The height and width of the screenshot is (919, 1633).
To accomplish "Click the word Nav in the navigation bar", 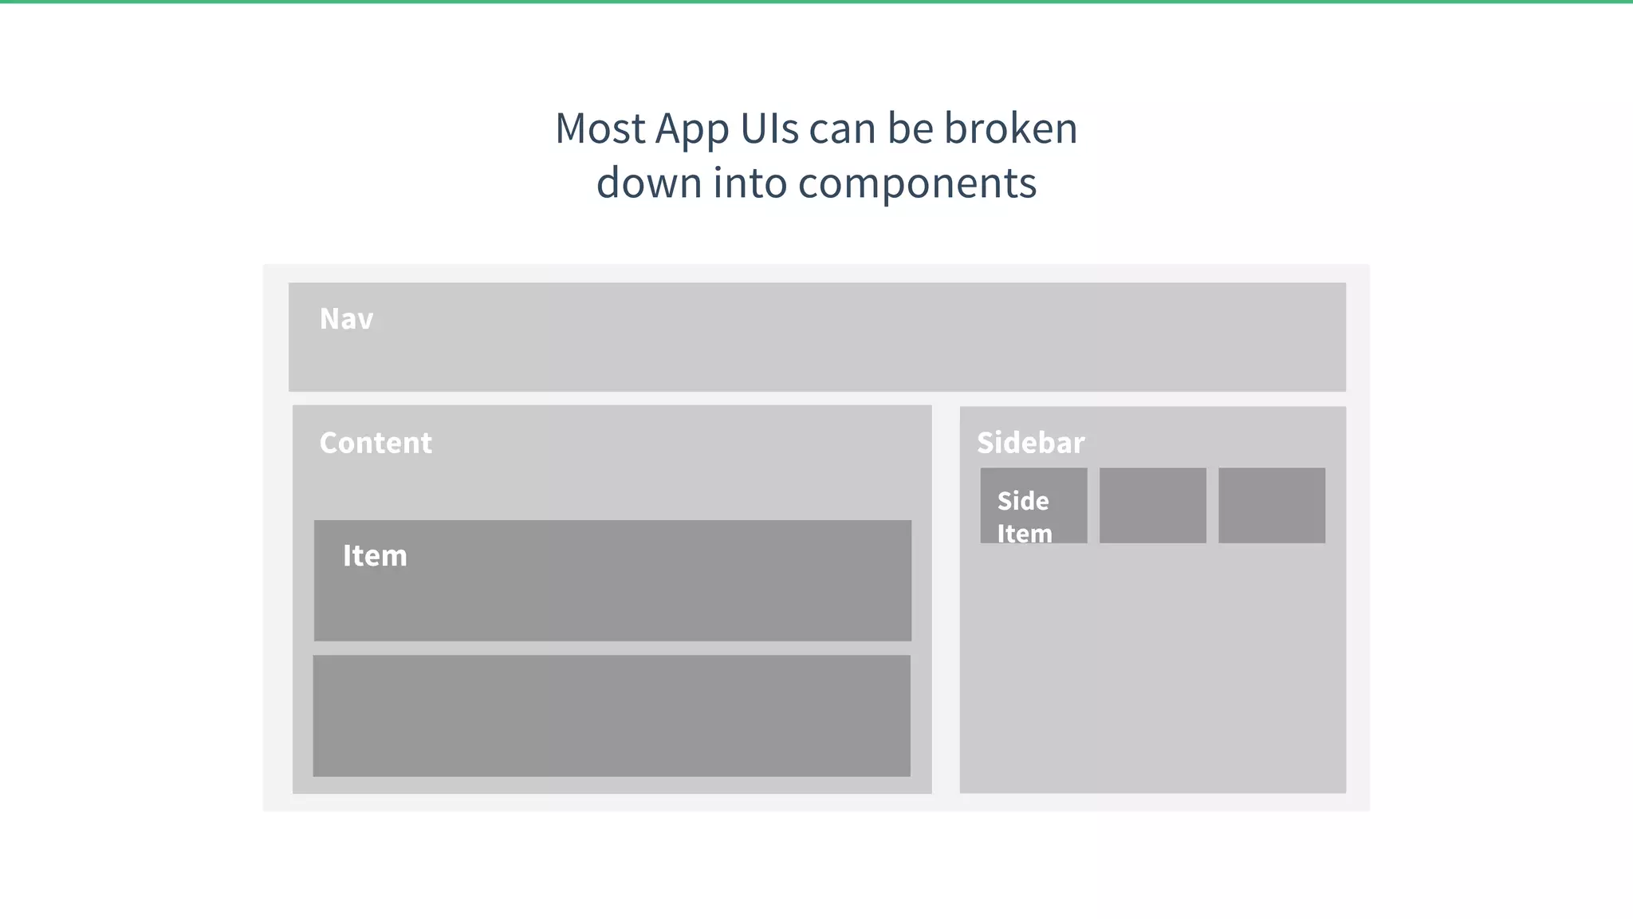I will pos(346,319).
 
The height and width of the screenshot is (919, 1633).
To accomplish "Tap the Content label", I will pos(376,443).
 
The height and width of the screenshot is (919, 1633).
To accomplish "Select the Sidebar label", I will pos(1030,443).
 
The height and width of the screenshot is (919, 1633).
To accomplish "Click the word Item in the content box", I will pos(375,555).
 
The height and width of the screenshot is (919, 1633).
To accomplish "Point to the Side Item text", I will pos(1024,516).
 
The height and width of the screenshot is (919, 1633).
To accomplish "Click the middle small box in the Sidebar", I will pos(1152,506).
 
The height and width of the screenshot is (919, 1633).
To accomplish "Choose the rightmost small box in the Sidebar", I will pos(1272,506).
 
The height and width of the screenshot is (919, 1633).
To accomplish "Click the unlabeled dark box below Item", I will pos(612,716).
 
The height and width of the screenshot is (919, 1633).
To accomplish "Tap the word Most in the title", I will pos(600,128).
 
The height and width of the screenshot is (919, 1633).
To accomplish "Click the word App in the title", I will pos(691,130).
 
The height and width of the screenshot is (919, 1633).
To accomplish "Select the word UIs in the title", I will pos(769,128).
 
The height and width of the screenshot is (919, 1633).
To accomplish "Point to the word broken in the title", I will pos(1010,128).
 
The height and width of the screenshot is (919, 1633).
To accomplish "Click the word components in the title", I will pos(917,184).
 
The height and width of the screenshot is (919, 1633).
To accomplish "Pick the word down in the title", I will pos(648,183).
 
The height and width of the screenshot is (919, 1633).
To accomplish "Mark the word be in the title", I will pos(910,128).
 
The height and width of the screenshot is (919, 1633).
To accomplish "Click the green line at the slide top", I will pos(816,2).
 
